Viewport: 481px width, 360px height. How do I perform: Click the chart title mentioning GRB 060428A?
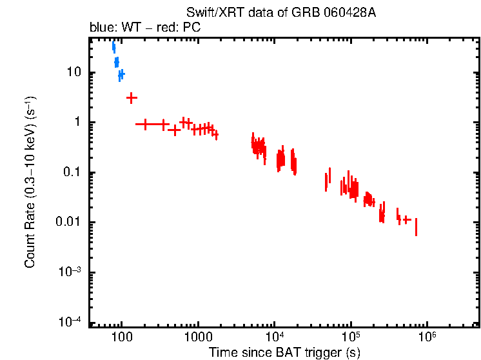[280, 13]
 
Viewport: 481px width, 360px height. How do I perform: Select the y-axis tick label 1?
[80, 123]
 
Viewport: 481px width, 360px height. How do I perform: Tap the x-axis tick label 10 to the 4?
[274, 337]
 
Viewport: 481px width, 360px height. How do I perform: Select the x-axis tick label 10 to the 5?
[351, 337]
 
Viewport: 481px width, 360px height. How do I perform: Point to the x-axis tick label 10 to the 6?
[427, 337]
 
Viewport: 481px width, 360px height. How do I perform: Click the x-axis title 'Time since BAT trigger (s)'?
[284, 352]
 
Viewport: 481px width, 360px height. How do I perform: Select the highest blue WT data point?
[113, 46]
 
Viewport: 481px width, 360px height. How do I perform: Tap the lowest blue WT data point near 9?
[121, 75]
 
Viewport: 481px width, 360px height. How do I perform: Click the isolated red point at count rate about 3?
[132, 98]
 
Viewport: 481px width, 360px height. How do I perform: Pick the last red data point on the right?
[416, 226]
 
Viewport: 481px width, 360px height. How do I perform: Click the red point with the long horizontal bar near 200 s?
[145, 124]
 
